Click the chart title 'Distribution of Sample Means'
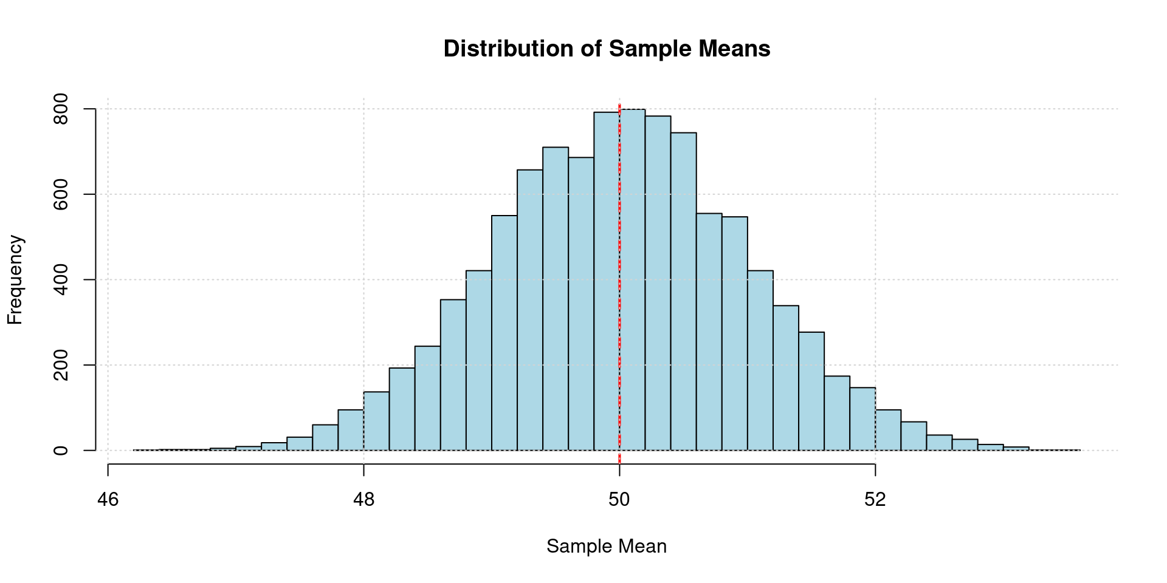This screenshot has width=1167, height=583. click(607, 49)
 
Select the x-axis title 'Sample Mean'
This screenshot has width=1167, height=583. click(607, 547)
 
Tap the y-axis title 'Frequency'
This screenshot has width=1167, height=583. click(15, 280)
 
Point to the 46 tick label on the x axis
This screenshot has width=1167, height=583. click(108, 500)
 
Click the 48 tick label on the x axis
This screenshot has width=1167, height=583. click(363, 500)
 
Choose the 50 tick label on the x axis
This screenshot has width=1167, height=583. click(619, 500)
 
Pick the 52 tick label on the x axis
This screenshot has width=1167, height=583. click(875, 500)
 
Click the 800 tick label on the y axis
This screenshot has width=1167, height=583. click(61, 109)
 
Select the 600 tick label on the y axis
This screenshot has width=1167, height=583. click(61, 194)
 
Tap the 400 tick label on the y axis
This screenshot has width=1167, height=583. click(61, 280)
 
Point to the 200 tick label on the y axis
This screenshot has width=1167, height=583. click(61, 365)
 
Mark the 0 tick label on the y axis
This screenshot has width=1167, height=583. click(61, 451)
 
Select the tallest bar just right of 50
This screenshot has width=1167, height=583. click(633, 279)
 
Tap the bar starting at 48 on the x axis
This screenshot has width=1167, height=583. click(376, 421)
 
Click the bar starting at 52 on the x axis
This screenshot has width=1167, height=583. click(888, 431)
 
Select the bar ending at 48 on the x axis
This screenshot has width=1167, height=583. click(351, 431)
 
